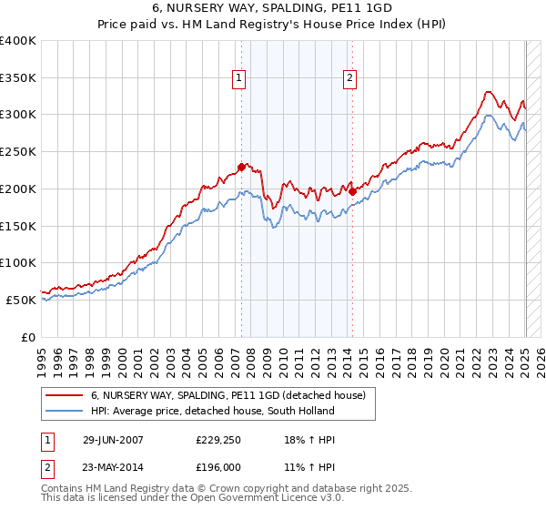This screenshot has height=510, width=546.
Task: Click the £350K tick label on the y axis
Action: click(18, 78)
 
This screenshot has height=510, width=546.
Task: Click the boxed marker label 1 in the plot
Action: click(238, 79)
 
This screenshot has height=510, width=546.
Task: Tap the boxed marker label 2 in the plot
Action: click(349, 79)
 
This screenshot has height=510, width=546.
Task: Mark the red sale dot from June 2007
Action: click(241, 167)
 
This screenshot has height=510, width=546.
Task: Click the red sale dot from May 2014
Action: click(351, 191)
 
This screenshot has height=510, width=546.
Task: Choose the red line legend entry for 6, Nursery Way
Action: click(227, 395)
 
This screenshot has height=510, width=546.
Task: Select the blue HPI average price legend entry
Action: click(213, 411)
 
